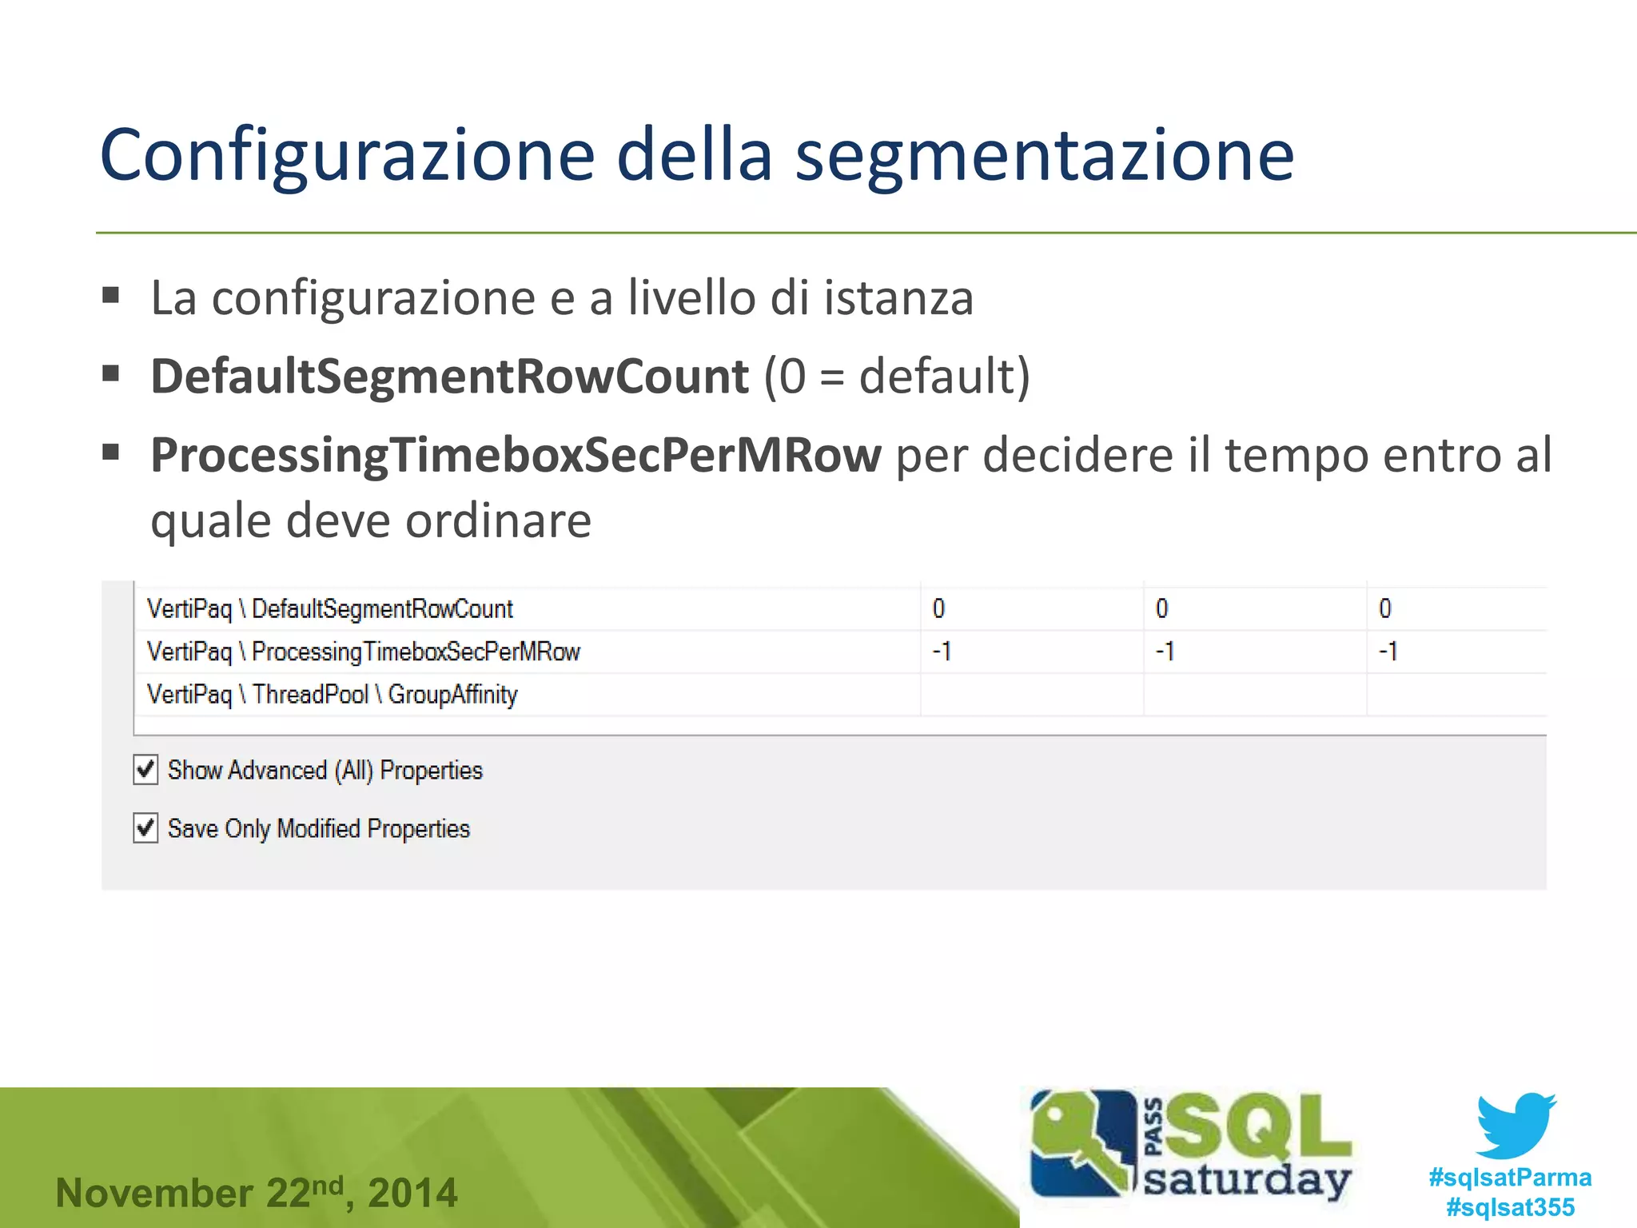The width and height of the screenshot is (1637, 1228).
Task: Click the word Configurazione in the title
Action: [347, 156]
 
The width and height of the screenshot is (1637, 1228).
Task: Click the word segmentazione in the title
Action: [1044, 156]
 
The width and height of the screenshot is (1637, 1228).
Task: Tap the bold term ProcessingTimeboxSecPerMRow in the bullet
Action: [516, 455]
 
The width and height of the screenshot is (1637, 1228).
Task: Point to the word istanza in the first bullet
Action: [898, 297]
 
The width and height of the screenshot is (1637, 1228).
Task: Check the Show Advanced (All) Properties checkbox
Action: [145, 770]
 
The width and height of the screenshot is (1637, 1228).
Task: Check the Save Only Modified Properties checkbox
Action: [145, 828]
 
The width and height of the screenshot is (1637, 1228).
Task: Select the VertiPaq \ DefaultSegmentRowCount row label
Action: [329, 609]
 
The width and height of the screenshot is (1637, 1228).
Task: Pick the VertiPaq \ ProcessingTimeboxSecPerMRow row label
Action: [363, 652]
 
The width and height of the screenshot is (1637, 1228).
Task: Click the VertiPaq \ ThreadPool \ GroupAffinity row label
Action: [332, 694]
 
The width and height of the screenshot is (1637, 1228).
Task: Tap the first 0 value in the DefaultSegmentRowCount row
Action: [938, 609]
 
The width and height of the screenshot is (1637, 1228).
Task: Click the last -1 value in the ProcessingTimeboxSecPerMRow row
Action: [1388, 652]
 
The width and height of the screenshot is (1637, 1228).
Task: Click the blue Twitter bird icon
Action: [1515, 1125]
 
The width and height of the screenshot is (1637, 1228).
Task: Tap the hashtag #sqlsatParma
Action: [1510, 1177]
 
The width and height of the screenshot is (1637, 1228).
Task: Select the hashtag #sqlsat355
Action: [1510, 1207]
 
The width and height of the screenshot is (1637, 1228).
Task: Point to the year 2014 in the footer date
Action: [412, 1193]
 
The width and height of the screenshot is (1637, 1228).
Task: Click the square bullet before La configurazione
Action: [111, 296]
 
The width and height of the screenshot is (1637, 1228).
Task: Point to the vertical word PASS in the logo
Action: [1153, 1126]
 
